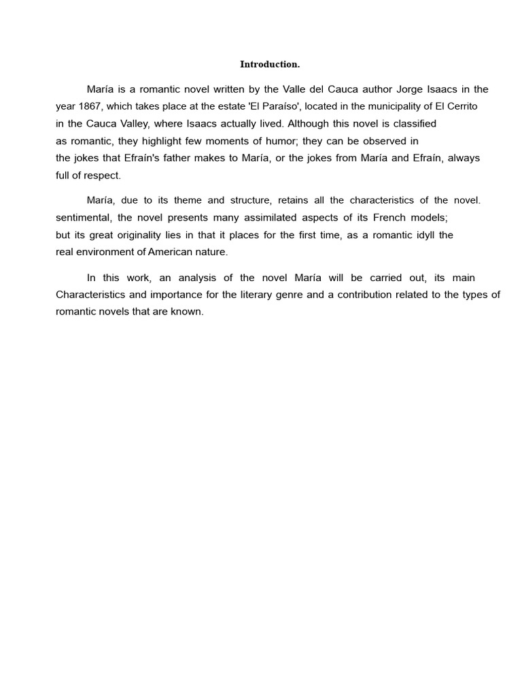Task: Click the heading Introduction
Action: click(x=270, y=65)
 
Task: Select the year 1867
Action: click(x=90, y=107)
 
